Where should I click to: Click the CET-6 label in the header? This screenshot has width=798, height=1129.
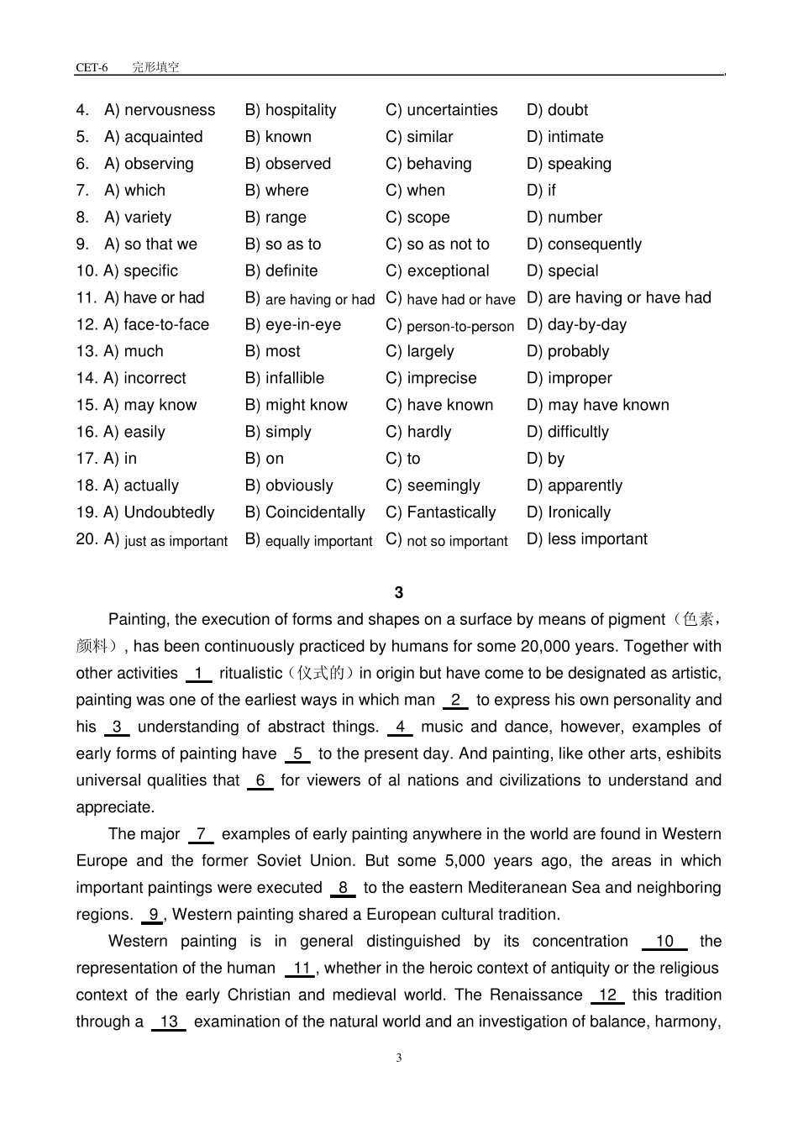tap(92, 67)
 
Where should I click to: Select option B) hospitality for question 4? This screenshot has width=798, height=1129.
tap(291, 110)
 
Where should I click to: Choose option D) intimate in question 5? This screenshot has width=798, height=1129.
tap(564, 137)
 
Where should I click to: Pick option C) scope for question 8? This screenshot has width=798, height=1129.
tap(417, 218)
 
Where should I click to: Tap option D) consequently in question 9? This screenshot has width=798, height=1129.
tap(584, 244)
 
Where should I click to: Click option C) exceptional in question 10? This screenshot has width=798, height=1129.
tap(437, 271)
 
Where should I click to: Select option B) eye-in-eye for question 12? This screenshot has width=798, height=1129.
tap(293, 325)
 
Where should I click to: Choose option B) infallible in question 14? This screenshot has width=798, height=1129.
tap(285, 379)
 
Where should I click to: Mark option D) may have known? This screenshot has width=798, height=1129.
tap(597, 406)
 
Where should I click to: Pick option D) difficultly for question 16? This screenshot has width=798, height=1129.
tap(567, 433)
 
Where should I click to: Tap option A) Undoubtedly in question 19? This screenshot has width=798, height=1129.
tap(159, 512)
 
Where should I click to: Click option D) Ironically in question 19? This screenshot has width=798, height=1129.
tap(569, 512)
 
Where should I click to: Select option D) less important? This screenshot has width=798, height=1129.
tap(586, 539)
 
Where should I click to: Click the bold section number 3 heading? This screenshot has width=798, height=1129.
tap(398, 593)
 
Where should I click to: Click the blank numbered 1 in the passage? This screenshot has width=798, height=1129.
tap(198, 674)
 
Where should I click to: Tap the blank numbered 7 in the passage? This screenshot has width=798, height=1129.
tap(201, 835)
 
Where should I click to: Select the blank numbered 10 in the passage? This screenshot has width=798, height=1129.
tap(664, 942)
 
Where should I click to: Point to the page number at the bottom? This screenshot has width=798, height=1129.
tap(398, 1058)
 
